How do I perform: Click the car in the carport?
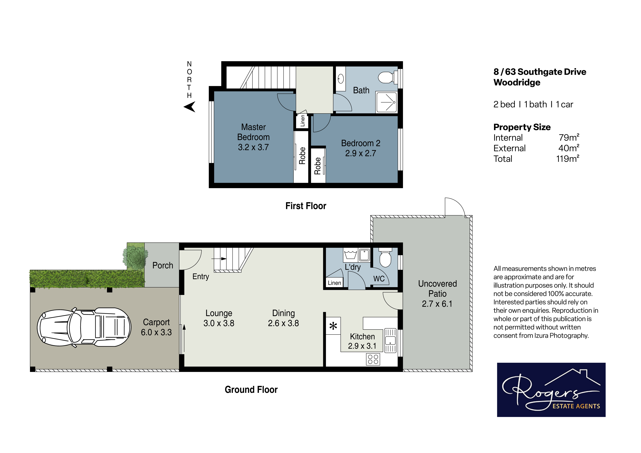(84, 327)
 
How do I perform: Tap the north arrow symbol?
(190, 107)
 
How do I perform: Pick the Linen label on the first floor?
(302, 121)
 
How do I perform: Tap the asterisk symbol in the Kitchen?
(333, 326)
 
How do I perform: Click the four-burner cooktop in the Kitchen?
(373, 359)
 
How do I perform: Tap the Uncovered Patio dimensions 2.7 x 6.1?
(437, 304)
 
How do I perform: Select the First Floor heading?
(306, 206)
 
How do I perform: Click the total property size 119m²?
(568, 159)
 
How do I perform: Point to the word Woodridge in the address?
(517, 83)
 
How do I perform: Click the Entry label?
(201, 277)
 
